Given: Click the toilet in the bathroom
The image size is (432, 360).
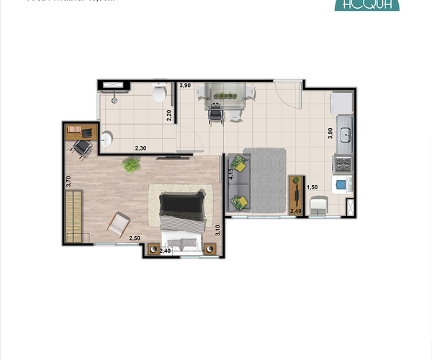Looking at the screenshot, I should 160,94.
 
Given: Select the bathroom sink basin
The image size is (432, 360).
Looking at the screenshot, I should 107,139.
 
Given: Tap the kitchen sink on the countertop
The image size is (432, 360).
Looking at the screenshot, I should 344,135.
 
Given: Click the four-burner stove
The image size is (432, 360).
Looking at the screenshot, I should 343,164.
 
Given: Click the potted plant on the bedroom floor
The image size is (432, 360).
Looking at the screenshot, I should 131,166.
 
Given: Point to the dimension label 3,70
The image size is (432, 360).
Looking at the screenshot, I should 68,181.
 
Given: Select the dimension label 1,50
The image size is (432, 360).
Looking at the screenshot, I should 312,187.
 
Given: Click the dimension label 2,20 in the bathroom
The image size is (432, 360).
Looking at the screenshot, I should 168,114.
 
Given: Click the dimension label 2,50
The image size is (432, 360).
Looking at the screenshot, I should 135,238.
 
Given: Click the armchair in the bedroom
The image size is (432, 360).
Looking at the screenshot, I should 118,224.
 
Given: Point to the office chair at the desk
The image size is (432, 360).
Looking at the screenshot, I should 83,148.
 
